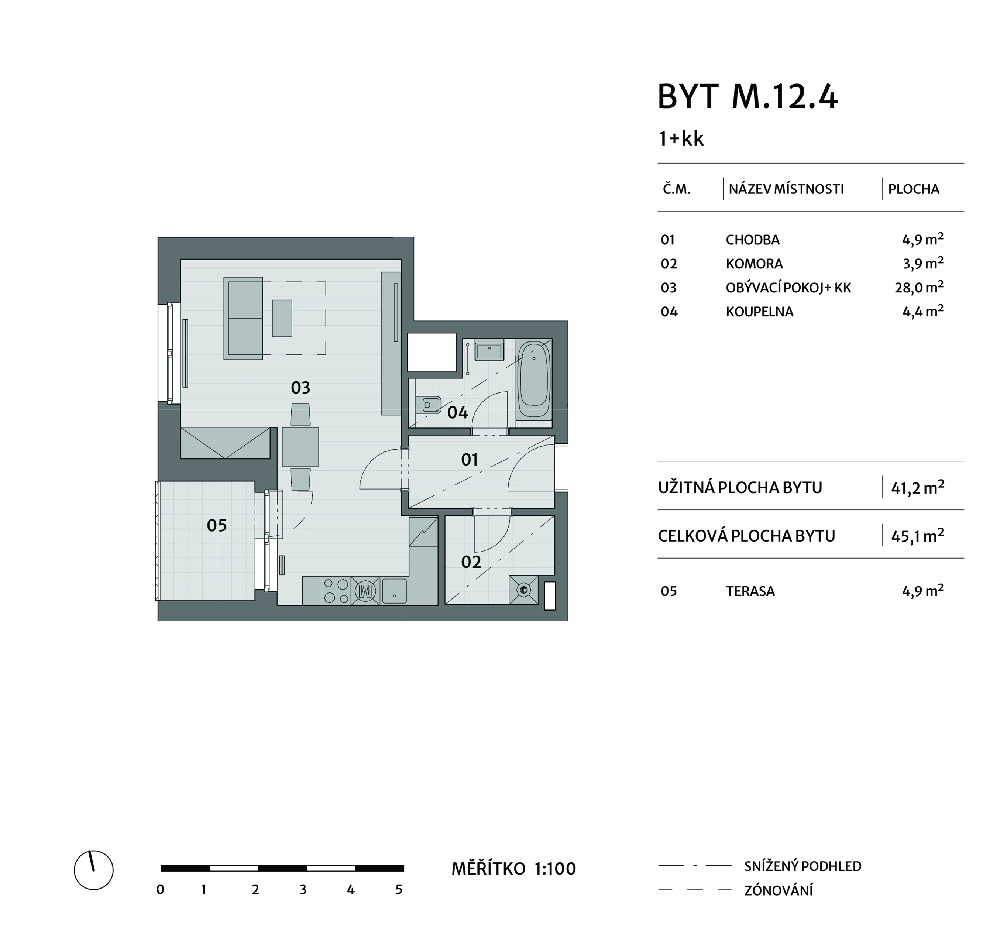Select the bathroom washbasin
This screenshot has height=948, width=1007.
coord(488,351)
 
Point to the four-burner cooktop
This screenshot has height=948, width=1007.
coord(336,591)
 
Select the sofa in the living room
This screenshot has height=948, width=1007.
coord(244,318)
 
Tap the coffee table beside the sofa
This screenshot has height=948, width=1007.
coord(282,318)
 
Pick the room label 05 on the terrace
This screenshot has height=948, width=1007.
coord(217,525)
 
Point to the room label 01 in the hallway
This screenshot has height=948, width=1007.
coord(470,460)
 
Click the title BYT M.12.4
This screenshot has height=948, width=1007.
coord(747,96)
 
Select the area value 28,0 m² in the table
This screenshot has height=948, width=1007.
coord(919,287)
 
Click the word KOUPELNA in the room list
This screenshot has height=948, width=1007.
coord(759,312)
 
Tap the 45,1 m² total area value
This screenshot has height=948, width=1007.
coord(917,536)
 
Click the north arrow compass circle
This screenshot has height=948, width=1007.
coord(94,870)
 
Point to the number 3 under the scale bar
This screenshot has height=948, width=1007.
coord(303,889)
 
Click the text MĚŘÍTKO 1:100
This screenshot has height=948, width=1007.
coord(513,869)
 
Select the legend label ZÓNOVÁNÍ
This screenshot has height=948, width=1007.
coord(779,890)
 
